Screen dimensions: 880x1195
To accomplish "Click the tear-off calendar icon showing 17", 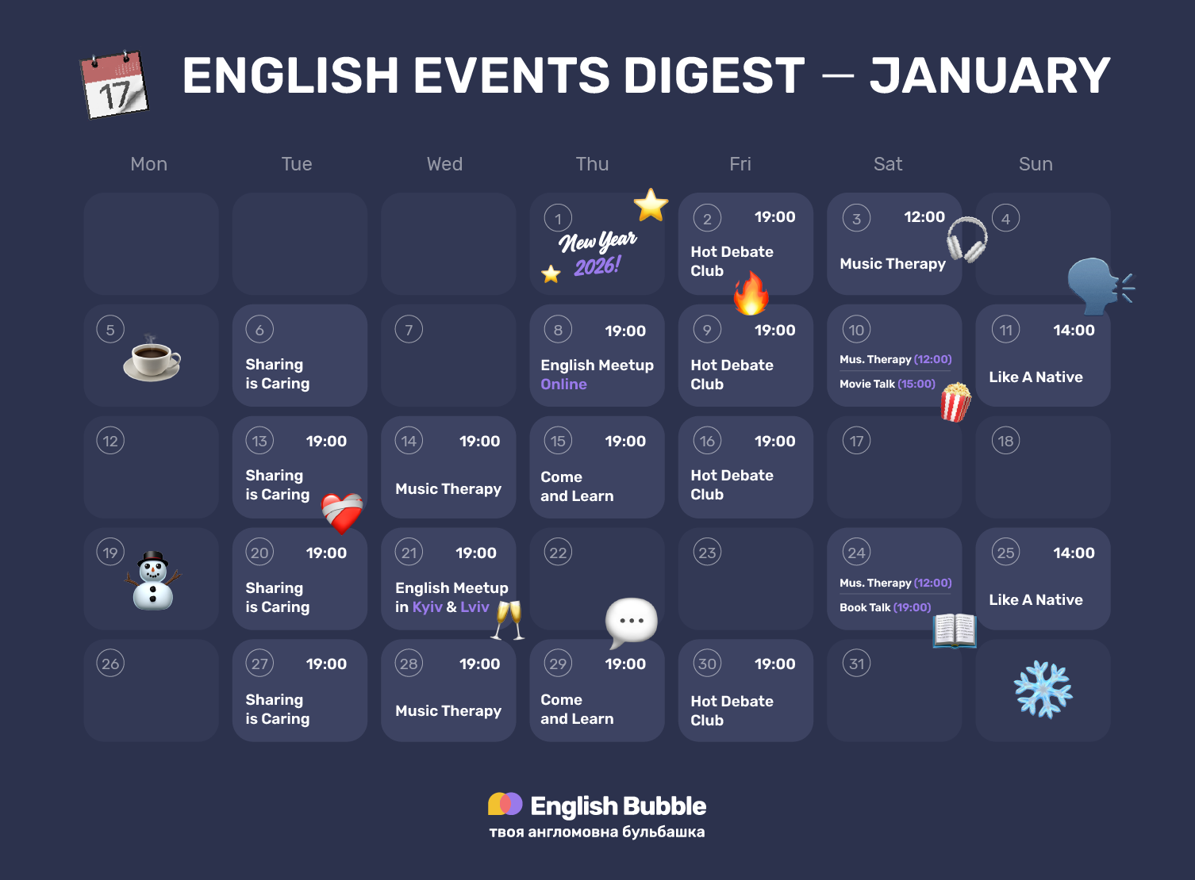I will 115,84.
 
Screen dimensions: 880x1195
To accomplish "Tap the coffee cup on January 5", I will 152,360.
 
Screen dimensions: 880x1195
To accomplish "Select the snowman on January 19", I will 153,580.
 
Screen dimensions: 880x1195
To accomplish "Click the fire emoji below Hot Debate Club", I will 751,293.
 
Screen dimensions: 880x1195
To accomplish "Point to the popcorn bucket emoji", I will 955,401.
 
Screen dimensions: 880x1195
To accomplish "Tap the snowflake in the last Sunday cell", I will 1043,690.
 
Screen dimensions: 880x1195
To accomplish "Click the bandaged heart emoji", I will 342,512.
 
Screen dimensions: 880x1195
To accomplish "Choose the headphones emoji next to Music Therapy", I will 966,239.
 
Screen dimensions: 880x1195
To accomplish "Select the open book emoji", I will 955,630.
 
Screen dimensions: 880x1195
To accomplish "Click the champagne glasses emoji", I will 508,619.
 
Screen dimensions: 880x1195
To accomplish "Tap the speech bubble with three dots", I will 632,621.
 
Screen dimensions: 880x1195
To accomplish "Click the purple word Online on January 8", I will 563,385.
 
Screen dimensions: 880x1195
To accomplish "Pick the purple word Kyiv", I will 427,607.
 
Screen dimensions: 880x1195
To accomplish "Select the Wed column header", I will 444,164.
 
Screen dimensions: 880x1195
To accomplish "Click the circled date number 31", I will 856,664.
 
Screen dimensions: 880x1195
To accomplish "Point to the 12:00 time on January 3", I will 924,217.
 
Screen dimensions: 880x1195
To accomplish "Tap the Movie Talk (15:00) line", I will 887,384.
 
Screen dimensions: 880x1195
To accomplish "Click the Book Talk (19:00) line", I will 885,607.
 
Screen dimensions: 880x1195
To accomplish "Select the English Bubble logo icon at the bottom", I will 505,804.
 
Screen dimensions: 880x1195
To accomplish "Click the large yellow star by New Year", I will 651,205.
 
